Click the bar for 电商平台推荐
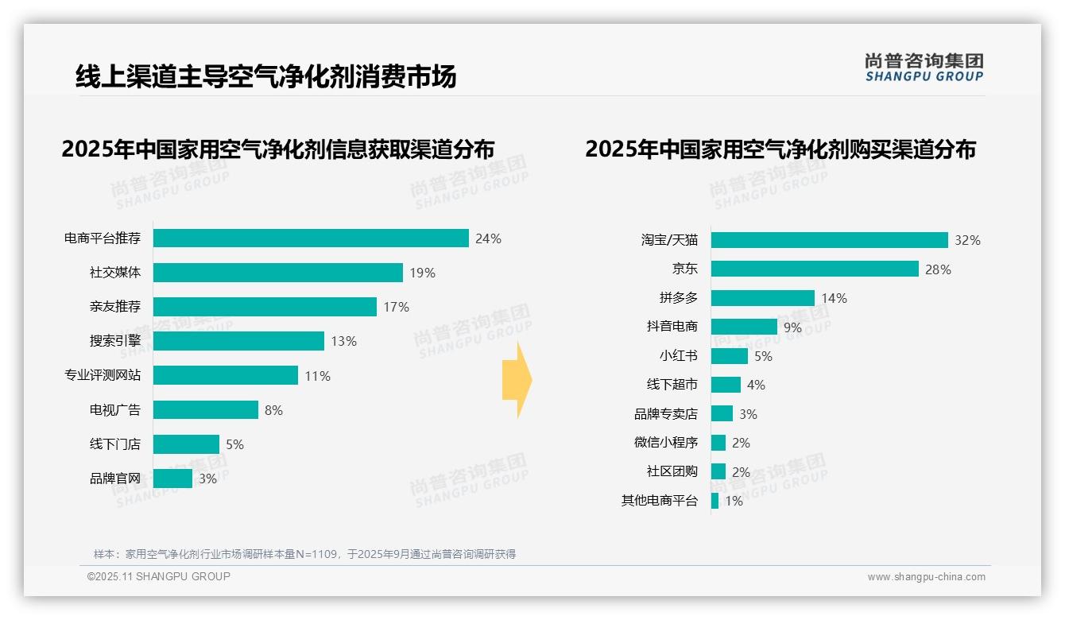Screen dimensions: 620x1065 pyautogui.click(x=311, y=238)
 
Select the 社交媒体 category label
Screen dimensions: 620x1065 pyautogui.click(x=115, y=273)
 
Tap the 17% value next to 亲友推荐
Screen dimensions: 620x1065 pyautogui.click(x=396, y=307)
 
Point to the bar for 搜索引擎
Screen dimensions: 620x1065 pyautogui.click(x=238, y=341)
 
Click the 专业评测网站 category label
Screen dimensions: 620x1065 pyautogui.click(x=103, y=375)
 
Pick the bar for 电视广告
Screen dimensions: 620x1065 pyautogui.click(x=205, y=409)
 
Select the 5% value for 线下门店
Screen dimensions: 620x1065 pyautogui.click(x=234, y=444)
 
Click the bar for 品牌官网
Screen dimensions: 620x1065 pyautogui.click(x=172, y=479)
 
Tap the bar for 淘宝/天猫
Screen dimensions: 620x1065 pyautogui.click(x=829, y=240)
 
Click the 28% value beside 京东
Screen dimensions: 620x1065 pyautogui.click(x=938, y=269)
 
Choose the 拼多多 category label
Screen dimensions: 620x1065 pyautogui.click(x=678, y=298)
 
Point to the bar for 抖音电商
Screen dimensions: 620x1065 pyautogui.click(x=744, y=327)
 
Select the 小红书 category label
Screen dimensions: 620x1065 pyautogui.click(x=678, y=356)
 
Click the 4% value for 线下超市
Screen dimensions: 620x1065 pyautogui.click(x=756, y=385)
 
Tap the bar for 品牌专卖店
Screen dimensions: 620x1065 pyautogui.click(x=722, y=413)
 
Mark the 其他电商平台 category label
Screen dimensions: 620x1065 pyautogui.click(x=659, y=501)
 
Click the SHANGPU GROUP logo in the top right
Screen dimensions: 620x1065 pyautogui.click(x=924, y=68)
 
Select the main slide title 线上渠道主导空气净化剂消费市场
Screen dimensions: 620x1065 pyautogui.click(x=265, y=77)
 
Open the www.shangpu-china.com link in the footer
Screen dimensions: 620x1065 pyautogui.click(x=926, y=577)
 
